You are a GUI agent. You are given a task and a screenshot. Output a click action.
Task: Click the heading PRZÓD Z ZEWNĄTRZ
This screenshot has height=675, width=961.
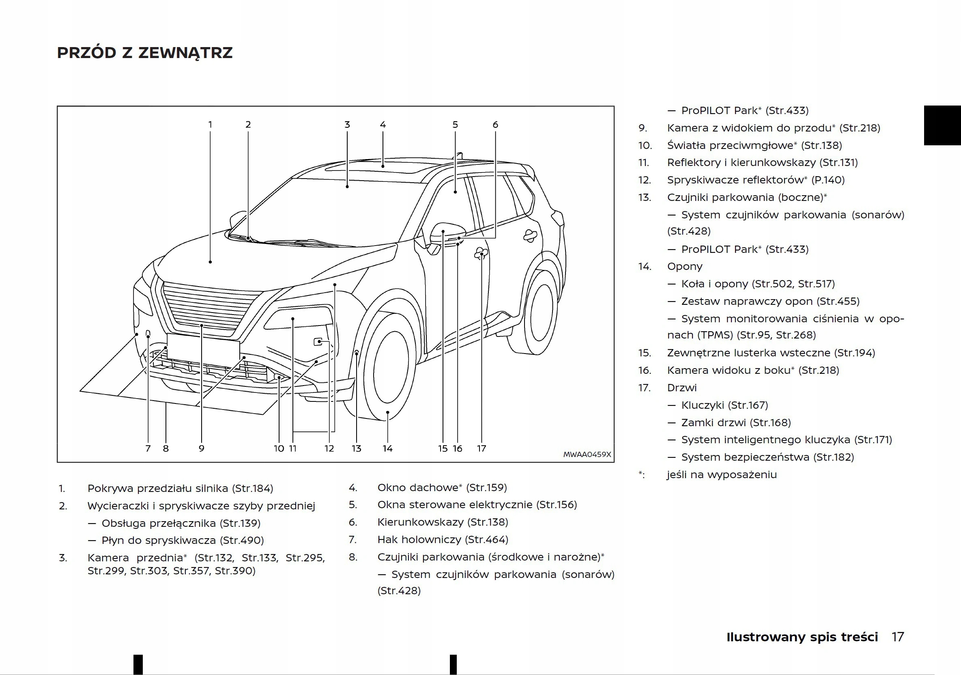point(144,53)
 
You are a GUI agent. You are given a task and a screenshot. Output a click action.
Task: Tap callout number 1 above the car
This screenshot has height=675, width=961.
point(210,124)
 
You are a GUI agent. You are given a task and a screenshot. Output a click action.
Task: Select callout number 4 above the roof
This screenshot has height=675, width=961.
point(383,124)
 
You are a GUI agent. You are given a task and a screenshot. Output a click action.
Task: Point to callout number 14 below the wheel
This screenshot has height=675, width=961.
point(387,449)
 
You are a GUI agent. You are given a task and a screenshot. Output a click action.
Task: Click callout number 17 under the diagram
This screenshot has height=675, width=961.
point(482,449)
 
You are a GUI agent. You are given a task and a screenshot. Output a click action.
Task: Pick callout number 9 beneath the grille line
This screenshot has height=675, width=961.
point(201,449)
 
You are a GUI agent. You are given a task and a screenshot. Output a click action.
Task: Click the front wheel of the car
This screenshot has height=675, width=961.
point(390,367)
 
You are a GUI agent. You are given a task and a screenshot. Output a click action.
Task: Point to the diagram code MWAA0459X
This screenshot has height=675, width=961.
point(587,454)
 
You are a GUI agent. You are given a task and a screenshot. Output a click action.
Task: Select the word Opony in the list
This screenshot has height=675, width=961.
point(685,266)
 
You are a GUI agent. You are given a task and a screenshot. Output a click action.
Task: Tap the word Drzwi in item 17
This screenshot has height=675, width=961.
point(682,388)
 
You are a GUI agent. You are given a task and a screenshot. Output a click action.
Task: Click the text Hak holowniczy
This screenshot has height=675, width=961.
point(419,539)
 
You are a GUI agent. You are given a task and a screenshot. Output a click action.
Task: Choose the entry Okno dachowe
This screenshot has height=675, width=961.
point(418,487)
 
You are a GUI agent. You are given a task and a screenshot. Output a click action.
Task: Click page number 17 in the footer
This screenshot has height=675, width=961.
point(897,637)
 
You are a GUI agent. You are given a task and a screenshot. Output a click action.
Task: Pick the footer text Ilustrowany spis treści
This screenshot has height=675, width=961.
point(802,637)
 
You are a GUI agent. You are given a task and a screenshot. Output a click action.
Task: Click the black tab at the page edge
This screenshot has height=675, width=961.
point(942,125)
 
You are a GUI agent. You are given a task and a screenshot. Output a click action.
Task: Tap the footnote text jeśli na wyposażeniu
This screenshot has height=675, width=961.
point(722,474)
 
